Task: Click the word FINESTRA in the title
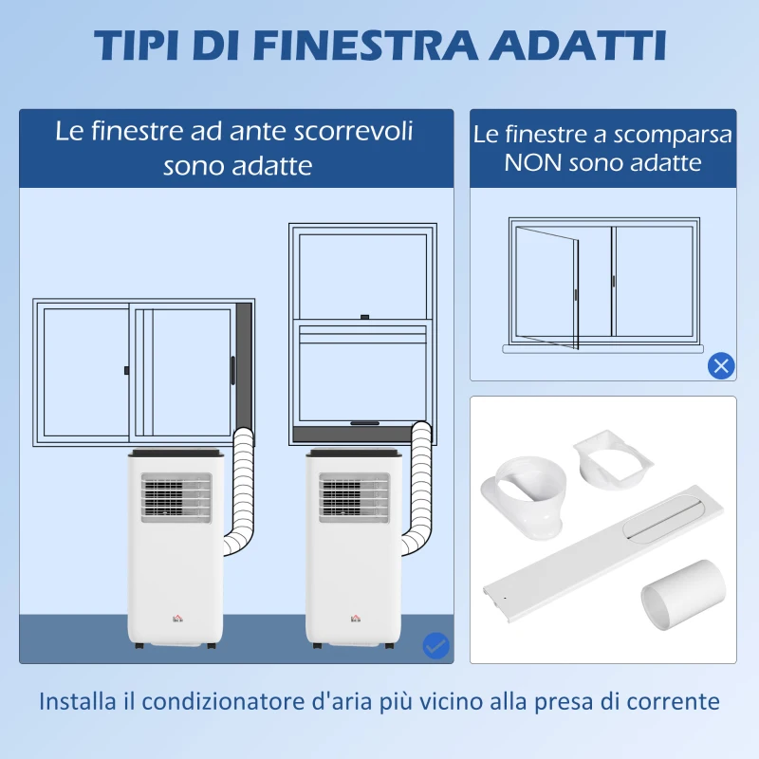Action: pos(365,46)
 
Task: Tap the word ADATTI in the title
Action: pos(578,46)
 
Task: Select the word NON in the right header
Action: pos(533,162)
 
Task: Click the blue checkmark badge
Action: pos(436,645)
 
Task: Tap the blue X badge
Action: pos(721,366)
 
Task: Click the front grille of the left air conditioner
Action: pos(176,498)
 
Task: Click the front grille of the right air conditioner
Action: pos(354,498)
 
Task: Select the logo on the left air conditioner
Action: pos(177,619)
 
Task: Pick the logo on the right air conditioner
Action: pos(356,619)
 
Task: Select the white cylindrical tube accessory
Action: pos(683,595)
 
